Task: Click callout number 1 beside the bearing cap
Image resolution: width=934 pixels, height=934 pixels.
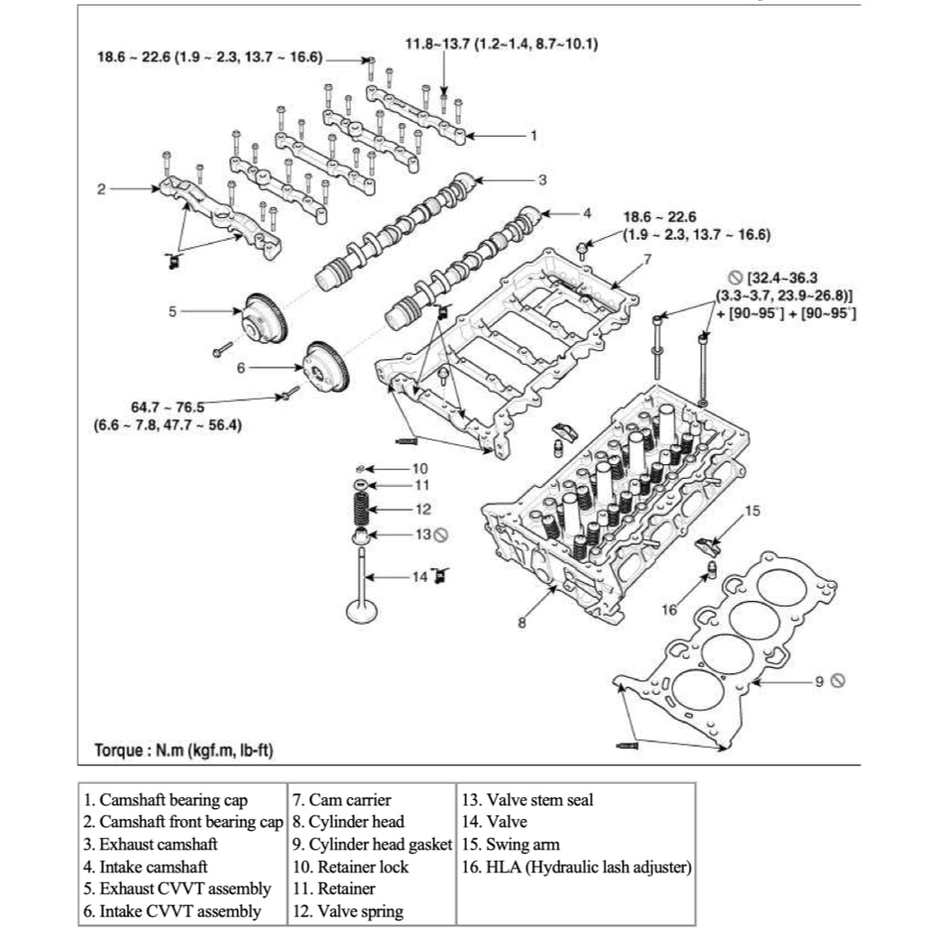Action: pos(534,135)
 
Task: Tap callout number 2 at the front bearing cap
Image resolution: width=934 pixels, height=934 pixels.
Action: pos(102,190)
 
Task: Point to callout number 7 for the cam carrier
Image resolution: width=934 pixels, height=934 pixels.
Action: pos(647,259)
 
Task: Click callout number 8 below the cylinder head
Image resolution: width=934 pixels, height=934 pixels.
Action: pos(522,623)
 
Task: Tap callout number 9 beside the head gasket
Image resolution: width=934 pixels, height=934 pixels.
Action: pos(819,680)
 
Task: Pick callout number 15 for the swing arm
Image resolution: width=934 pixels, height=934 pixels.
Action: pos(752,511)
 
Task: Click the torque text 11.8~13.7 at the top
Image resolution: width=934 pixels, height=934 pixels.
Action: pos(502,43)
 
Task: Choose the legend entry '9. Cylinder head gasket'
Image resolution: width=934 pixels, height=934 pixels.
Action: pos(371,845)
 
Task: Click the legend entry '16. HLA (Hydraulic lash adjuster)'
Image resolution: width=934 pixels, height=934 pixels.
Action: pos(576,867)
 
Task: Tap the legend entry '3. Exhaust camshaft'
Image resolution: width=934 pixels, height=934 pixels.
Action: pos(151,845)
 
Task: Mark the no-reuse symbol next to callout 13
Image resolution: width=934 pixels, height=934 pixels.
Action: pos(441,534)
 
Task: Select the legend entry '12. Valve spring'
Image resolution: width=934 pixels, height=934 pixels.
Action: pos(348,910)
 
